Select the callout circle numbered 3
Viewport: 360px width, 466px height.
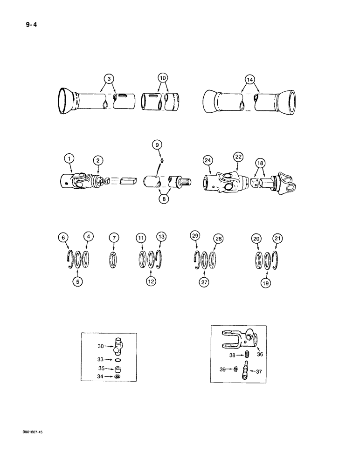pyautogui.click(x=109, y=79)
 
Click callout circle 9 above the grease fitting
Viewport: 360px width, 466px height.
pyautogui.click(x=157, y=145)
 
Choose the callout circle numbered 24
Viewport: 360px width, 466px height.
pyautogui.click(x=207, y=161)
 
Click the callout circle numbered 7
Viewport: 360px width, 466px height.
pyautogui.click(x=114, y=239)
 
